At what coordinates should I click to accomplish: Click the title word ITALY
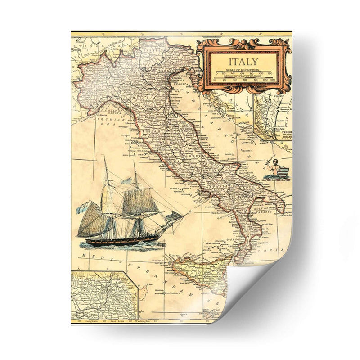243,62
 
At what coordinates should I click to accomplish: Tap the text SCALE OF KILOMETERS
243,70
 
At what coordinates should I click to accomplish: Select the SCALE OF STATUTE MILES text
243,76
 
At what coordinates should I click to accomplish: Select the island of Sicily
198,270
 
